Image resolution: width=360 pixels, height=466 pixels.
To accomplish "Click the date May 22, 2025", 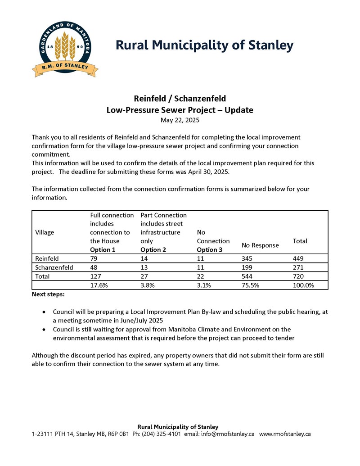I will coord(180,120).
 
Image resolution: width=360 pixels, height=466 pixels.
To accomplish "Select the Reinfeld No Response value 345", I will coord(248,259).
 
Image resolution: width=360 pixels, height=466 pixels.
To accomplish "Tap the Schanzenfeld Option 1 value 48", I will coord(94,267).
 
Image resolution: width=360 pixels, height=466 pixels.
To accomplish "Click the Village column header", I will coord(44,232).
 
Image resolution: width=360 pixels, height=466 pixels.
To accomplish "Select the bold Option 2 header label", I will coord(153,250).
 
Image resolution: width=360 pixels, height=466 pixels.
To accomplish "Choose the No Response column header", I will coord(260,245).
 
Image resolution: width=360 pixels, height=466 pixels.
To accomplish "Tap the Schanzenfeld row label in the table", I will coord(54,267).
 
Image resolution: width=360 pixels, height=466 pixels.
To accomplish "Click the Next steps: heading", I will coord(48,294).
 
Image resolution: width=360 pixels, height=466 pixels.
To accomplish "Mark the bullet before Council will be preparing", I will coord(43,312).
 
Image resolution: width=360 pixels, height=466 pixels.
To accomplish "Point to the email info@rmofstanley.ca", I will coord(228,434).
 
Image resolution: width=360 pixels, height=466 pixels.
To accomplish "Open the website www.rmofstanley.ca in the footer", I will coord(285,434).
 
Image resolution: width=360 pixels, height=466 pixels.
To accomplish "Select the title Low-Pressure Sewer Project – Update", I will coord(180,110).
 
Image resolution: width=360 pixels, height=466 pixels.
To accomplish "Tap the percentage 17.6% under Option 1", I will coord(99,285).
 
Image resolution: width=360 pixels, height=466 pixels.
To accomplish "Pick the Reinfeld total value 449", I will coord(298,259).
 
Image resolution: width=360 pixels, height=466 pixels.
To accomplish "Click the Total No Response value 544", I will coord(248,276).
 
